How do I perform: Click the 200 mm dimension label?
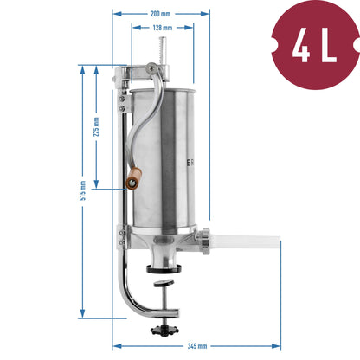160,14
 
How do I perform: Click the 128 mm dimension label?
163,28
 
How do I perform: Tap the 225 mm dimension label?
96,126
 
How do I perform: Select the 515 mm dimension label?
83,190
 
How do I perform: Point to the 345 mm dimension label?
197,346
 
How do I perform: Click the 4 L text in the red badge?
314,46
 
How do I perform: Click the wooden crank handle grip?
133,178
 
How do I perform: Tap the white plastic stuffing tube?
245,241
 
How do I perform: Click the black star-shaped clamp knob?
164,330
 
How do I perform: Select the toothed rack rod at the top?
162,52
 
